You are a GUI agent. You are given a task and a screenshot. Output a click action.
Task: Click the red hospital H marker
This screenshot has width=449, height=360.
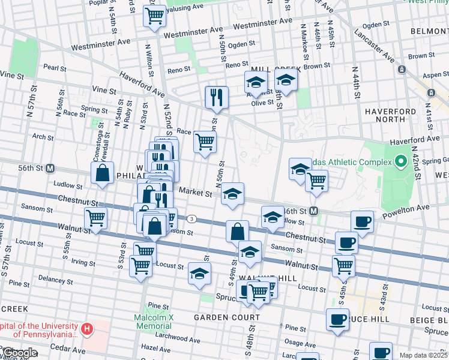click(x=87, y=329)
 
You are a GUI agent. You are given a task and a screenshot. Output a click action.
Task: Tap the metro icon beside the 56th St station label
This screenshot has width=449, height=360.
click(x=50, y=169)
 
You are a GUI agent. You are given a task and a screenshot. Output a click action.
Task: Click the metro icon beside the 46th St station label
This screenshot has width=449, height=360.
click(x=315, y=211)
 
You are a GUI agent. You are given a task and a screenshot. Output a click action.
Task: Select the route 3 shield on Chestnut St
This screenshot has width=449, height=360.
click(x=191, y=219)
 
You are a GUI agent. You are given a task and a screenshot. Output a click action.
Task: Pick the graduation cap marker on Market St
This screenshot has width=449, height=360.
click(x=232, y=194)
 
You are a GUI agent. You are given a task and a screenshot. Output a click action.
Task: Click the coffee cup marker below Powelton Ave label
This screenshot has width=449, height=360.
click(x=362, y=221)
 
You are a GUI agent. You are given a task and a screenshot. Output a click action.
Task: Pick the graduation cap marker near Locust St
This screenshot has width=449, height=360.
click(x=199, y=274)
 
